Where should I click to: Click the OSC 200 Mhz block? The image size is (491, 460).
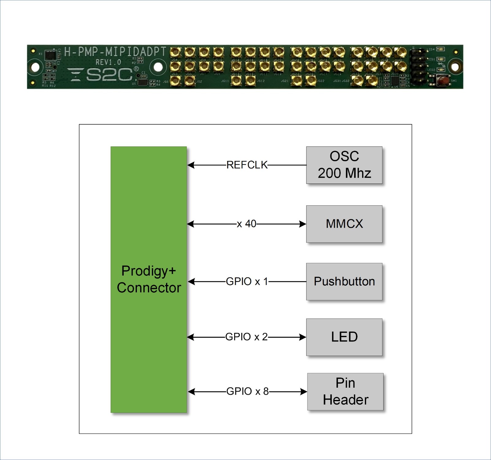point(344,165)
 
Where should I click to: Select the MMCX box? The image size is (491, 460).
point(344,224)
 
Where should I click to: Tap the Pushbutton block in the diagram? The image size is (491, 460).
point(344,281)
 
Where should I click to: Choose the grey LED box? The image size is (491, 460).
point(344,337)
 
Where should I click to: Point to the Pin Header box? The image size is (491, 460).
point(345,391)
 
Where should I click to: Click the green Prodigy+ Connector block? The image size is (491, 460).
point(149,279)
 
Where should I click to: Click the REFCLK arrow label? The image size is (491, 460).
point(247,165)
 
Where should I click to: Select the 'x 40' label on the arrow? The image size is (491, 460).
point(246,224)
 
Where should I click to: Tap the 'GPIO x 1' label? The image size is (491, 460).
point(247,281)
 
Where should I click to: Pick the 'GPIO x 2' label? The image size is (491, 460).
point(246,337)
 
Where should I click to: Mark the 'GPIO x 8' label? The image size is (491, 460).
point(247,391)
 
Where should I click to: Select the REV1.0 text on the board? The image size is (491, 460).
point(108,62)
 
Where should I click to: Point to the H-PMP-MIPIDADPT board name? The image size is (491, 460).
point(115,51)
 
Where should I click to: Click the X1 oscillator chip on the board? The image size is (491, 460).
point(51,55)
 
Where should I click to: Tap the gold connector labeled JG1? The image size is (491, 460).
point(175,81)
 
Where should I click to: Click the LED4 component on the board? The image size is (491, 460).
point(441,49)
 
